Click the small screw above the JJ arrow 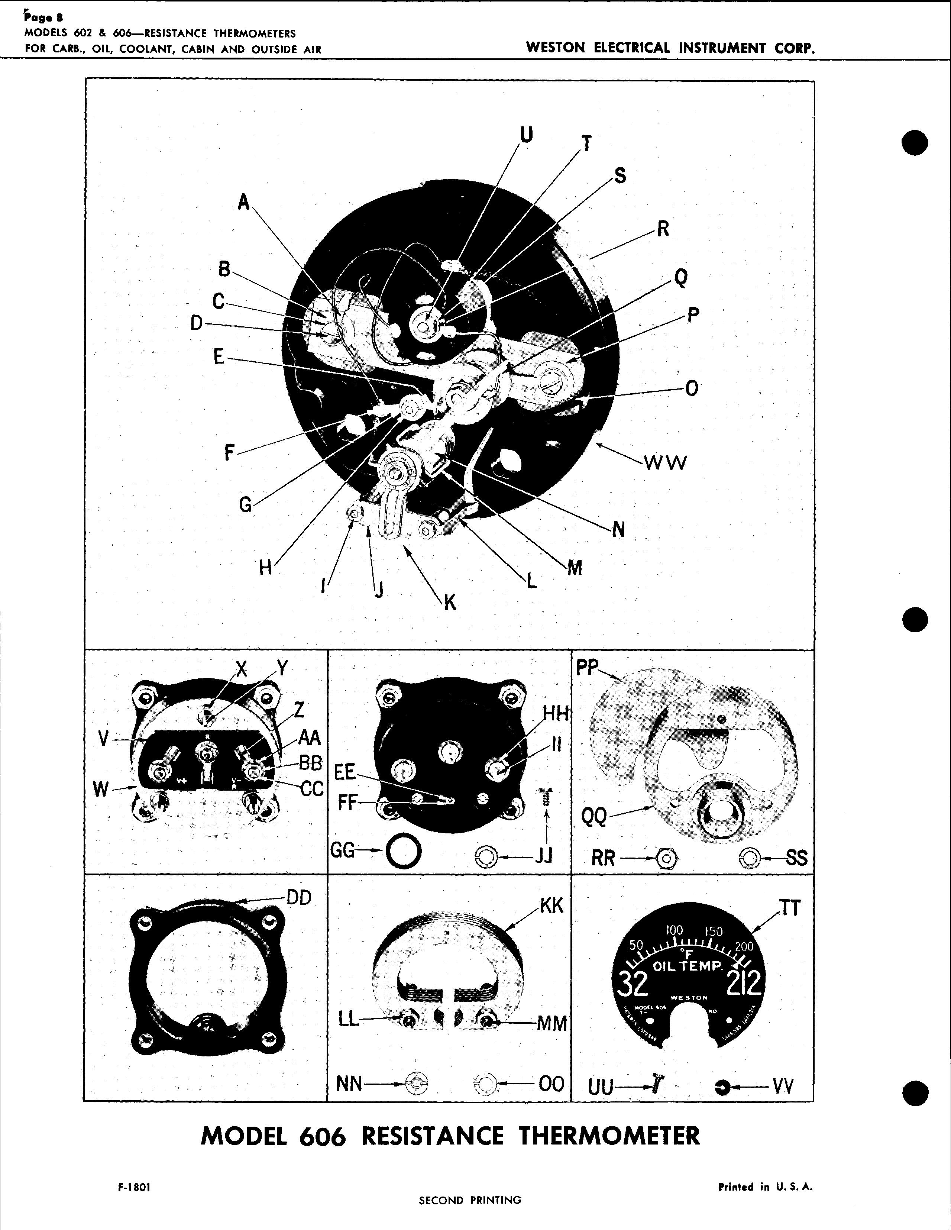547,800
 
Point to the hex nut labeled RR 666,858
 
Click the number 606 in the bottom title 322,1136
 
